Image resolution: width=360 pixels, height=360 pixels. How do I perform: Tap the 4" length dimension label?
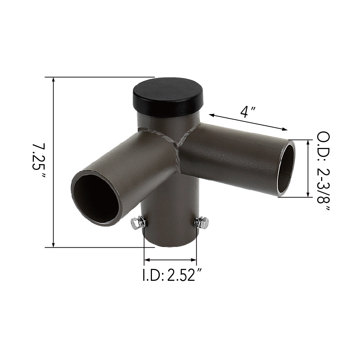click(248, 112)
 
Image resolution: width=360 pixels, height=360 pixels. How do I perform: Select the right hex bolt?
click(202, 222)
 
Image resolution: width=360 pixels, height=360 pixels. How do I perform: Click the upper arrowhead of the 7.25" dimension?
click(54, 80)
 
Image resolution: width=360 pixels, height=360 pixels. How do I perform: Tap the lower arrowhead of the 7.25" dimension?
click(54, 244)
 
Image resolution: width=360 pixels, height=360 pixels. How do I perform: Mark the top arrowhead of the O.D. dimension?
click(308, 143)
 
